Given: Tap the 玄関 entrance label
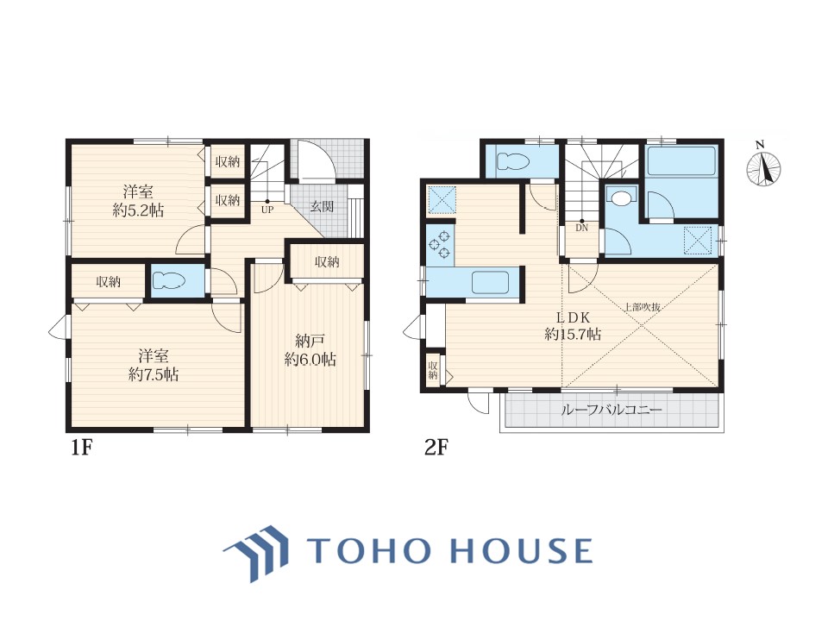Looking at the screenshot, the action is [x=322, y=206].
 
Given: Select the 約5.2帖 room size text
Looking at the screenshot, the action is [x=138, y=210].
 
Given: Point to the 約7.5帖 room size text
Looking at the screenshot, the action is [x=154, y=374].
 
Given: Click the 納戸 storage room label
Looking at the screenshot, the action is [x=310, y=342].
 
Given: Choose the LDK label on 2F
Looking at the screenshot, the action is [x=573, y=317].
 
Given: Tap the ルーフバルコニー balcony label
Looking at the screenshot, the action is [x=611, y=409].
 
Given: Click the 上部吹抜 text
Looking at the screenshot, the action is [x=643, y=306].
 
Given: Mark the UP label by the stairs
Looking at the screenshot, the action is [x=267, y=210].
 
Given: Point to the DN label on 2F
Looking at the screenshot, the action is [x=581, y=228].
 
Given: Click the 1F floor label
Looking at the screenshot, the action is [x=82, y=448].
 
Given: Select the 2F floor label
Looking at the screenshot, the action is [x=436, y=448].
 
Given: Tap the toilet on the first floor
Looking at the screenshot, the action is [x=169, y=280].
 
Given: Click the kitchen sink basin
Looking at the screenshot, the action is [x=490, y=282].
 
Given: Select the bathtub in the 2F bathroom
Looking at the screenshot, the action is [x=681, y=160].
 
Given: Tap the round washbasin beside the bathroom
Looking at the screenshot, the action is [x=620, y=198].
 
